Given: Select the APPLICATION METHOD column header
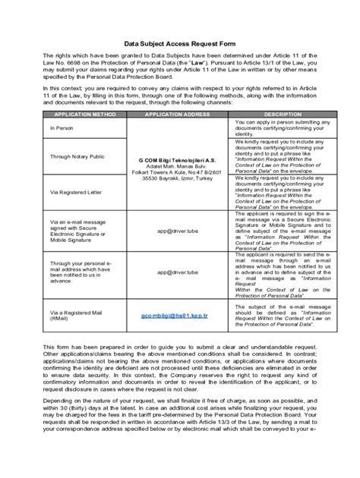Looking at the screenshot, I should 78,114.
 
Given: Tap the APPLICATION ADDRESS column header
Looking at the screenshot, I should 171,114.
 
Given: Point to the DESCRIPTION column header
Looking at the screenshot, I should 272,114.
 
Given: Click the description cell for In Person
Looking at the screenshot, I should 272,127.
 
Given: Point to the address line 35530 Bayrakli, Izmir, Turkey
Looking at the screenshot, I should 171,179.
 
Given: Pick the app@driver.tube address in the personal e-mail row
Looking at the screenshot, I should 171,271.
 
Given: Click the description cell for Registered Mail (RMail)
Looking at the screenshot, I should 272,314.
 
